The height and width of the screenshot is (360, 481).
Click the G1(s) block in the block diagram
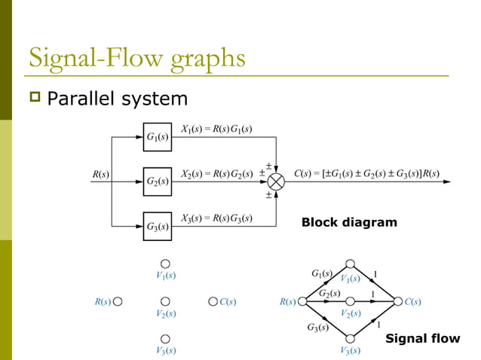157,137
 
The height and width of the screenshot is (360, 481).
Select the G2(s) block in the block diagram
157,181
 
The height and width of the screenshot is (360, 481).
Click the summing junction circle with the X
277,182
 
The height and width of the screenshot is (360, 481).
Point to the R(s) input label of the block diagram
100,175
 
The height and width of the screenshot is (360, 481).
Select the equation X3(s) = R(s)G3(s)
217,218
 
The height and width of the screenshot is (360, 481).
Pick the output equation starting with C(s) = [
366,173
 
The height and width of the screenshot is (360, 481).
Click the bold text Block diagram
348,222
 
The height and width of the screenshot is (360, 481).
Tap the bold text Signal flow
422,338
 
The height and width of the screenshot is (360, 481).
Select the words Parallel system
117,99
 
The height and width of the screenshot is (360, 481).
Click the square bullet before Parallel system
33,98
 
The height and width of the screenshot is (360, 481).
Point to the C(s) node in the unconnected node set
213,302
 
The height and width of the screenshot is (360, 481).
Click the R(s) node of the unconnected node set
118,302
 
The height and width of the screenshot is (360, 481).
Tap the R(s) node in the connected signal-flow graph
302,302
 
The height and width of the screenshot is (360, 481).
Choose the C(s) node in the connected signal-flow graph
397,302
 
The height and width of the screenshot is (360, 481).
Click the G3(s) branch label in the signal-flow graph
317,327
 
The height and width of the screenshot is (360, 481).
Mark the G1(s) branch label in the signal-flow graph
322,273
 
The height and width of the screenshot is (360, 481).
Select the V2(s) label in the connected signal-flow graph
351,313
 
